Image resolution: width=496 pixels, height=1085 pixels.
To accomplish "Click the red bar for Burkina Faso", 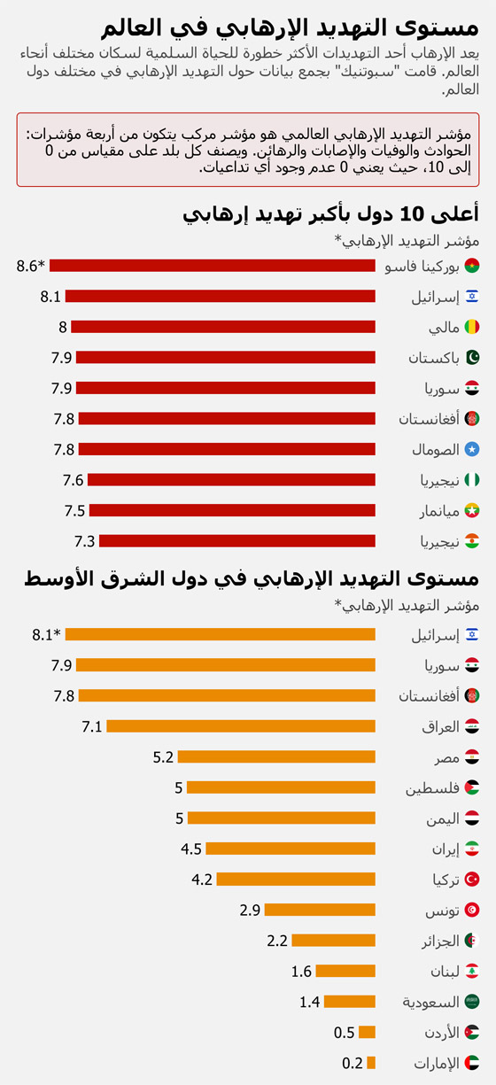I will pyautogui.click(x=213, y=265).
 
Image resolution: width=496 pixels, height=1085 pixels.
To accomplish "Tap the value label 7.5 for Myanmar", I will pyautogui.click(x=74, y=511).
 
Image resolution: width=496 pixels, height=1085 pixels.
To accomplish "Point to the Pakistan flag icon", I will pyautogui.click(x=472, y=358).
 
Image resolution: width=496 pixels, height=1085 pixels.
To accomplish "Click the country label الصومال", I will pyautogui.click(x=435, y=450).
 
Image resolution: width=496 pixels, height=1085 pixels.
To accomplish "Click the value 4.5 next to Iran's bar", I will pyautogui.click(x=191, y=849).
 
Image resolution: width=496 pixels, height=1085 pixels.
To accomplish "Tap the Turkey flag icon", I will pyautogui.click(x=472, y=880).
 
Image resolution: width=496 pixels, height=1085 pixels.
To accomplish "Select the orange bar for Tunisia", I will pyautogui.click(x=320, y=910).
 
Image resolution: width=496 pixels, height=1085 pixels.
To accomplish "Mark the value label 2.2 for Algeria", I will pyautogui.click(x=277, y=941).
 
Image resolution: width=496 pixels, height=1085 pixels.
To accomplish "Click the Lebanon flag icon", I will pyautogui.click(x=472, y=972).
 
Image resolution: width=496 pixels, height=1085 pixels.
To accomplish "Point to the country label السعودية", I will pyautogui.click(x=431, y=1002).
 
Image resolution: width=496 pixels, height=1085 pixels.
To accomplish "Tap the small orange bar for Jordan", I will pyautogui.click(x=367, y=1033).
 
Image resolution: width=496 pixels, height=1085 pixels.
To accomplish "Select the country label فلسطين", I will pyautogui.click(x=432, y=787).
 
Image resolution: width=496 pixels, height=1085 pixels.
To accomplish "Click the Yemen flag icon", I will pyautogui.click(x=472, y=818).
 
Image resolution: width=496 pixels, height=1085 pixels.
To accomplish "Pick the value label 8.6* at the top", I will pyautogui.click(x=30, y=265).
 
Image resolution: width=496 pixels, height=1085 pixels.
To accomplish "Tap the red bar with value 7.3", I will pyautogui.click(x=237, y=541).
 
